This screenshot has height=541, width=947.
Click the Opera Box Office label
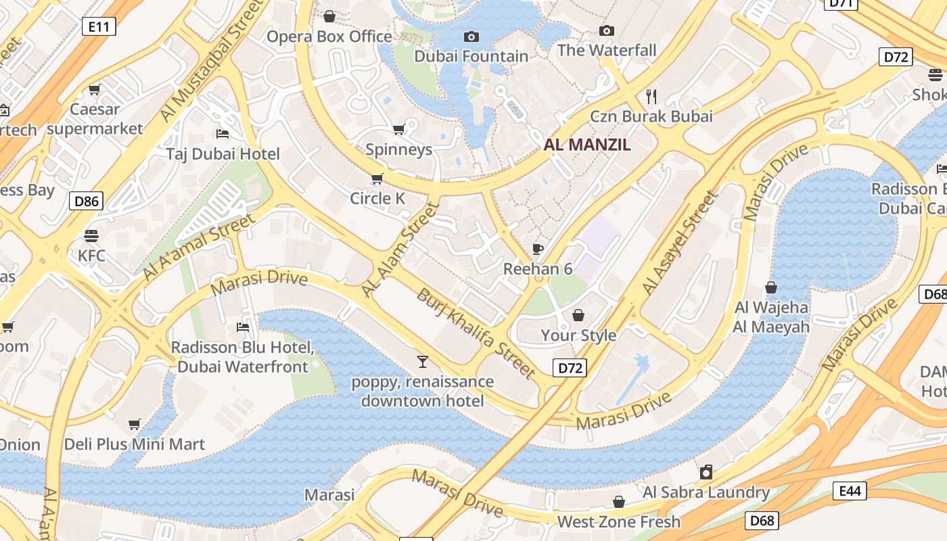[329, 37]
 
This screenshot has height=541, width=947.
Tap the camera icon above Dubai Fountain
[471, 37]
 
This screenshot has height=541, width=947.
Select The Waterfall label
[607, 50]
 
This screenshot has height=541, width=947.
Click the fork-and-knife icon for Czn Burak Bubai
[651, 95]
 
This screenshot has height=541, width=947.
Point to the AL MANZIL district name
[587, 144]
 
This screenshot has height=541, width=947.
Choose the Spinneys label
[398, 149]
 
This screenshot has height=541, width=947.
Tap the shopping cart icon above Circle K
[377, 179]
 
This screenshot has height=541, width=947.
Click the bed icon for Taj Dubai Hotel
[222, 133]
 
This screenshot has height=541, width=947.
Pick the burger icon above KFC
[91, 235]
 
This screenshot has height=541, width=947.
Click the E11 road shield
[99, 26]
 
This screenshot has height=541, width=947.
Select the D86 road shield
[86, 200]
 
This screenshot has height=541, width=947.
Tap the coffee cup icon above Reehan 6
[537, 249]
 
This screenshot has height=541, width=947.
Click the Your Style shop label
[578, 335]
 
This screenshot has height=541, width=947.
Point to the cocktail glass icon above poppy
[423, 361]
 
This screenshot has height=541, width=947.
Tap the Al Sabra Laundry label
[706, 492]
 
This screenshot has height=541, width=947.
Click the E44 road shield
[850, 491]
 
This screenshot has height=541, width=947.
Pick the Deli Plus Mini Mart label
[134, 444]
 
